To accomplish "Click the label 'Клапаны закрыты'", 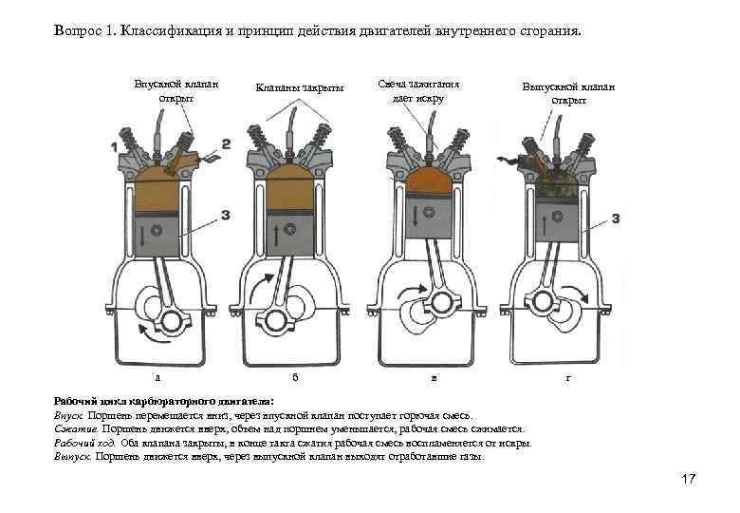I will tap(300, 88).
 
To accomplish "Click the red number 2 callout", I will tap(226, 143).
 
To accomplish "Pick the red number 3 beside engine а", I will tap(225, 216).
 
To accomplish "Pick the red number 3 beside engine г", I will tap(617, 219).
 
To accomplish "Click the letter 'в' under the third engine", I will tap(434, 378).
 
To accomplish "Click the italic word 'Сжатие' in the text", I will tap(72, 429).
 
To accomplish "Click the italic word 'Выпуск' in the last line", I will tap(72, 456).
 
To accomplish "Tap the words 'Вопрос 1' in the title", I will tap(82, 32).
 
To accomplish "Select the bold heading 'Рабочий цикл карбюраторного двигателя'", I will tap(162, 402).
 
